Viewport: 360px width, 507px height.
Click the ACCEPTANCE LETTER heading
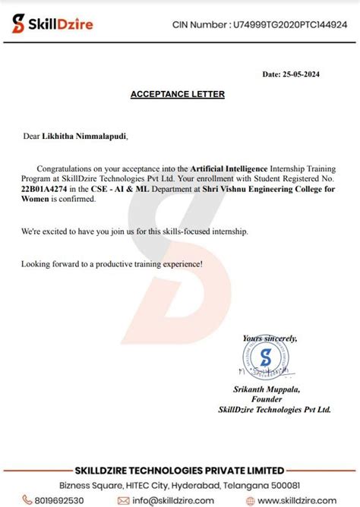coord(178,95)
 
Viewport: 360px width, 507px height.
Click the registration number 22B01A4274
coord(44,188)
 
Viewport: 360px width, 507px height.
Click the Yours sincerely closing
coord(270,338)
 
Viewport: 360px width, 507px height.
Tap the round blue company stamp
coord(265,358)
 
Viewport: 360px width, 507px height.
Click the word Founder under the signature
coord(266,399)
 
